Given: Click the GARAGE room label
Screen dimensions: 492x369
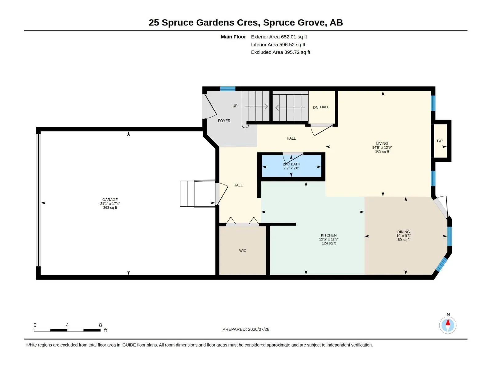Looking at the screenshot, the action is click(x=110, y=200).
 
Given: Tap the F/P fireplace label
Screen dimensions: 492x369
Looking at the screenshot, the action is click(x=439, y=141).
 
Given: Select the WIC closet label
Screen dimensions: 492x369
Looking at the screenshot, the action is click(x=243, y=251).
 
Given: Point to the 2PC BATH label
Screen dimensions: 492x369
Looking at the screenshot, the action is click(x=292, y=164).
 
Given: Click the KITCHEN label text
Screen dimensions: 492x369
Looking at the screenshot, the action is click(x=329, y=235).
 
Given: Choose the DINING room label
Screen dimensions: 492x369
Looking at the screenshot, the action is click(x=403, y=232).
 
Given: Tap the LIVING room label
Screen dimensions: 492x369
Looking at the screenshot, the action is click(x=382, y=143).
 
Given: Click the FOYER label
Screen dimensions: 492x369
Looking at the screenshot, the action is click(x=224, y=121).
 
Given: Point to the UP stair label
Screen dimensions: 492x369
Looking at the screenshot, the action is click(x=235, y=106).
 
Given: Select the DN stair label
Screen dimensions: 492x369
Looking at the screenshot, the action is click(x=315, y=108).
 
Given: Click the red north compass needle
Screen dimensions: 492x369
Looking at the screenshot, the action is click(x=448, y=322).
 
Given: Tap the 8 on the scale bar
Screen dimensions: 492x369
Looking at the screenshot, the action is click(x=101, y=325).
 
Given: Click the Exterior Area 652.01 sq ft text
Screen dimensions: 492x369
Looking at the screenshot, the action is click(x=279, y=37).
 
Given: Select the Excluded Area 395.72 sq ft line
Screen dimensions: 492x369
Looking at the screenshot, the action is click(x=281, y=52).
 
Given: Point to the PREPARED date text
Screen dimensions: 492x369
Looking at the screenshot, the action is click(x=246, y=329).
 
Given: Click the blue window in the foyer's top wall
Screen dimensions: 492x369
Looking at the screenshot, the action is click(x=228, y=89).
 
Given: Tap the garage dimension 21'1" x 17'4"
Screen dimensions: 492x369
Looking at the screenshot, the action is click(x=110, y=204).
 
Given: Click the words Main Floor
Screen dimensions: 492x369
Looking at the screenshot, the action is click(x=233, y=37).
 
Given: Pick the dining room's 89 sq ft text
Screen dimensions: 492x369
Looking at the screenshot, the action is click(x=403, y=240).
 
